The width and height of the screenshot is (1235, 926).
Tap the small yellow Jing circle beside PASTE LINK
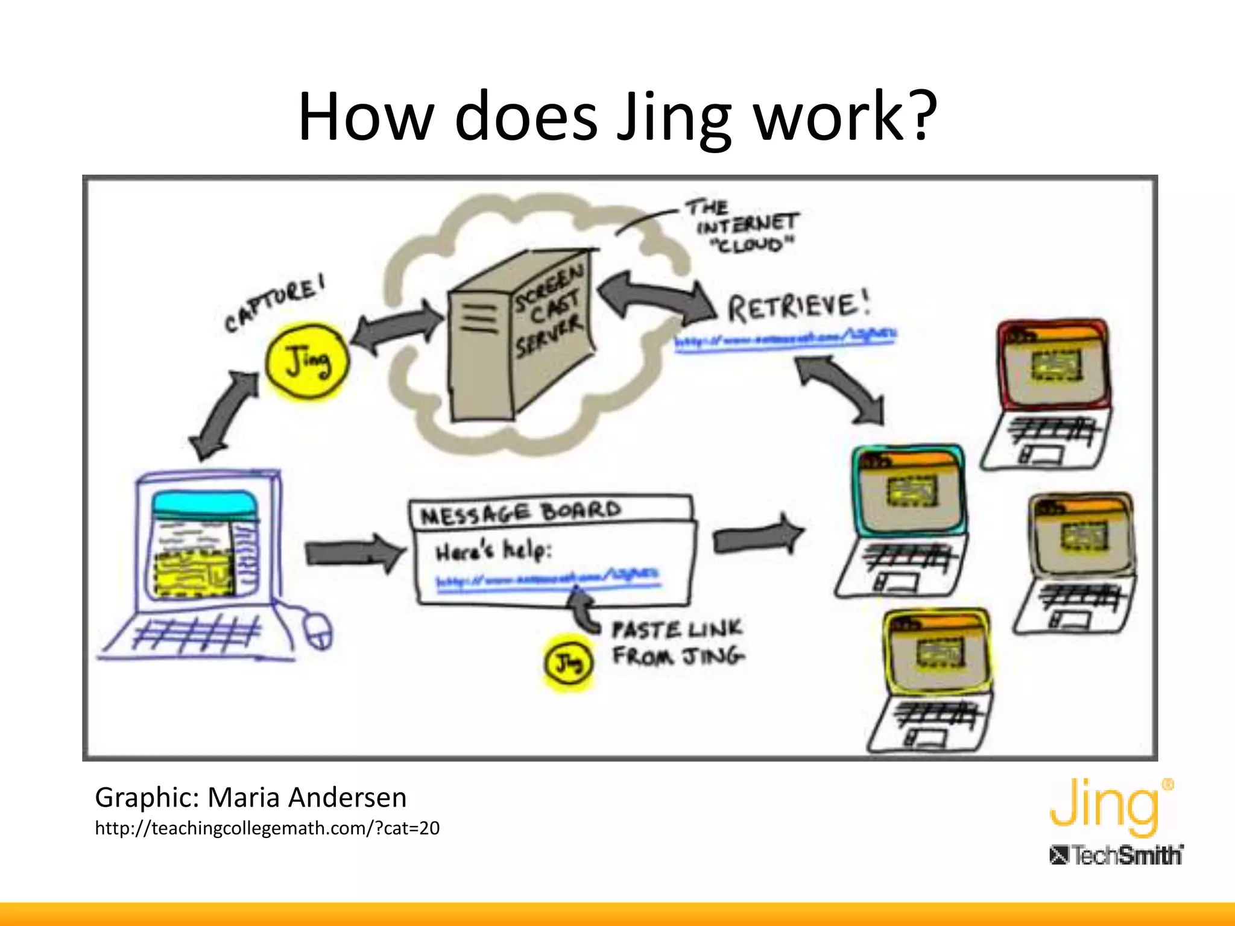click(568, 663)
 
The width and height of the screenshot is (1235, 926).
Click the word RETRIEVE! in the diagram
click(798, 306)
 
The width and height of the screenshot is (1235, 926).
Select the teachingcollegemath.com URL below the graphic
click(267, 828)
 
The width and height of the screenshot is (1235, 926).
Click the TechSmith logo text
click(1116, 855)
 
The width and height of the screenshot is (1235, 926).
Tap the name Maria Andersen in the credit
click(307, 797)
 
